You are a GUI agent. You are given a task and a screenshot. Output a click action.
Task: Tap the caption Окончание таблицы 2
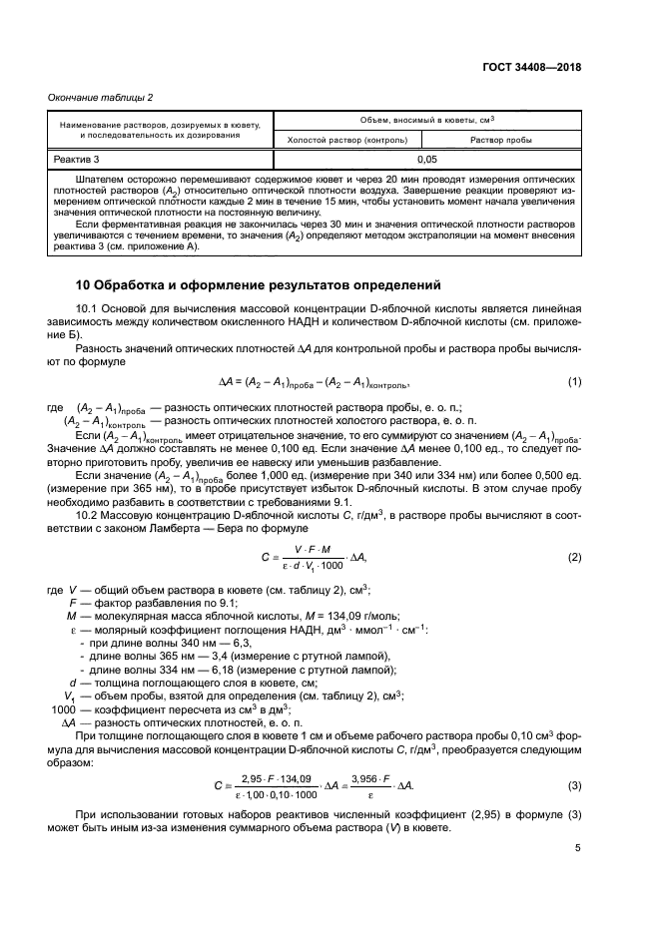102,97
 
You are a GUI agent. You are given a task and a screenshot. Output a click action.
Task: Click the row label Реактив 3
77,159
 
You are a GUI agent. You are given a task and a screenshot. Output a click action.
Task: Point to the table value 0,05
426,159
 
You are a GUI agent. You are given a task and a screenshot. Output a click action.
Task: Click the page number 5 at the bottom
577,849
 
